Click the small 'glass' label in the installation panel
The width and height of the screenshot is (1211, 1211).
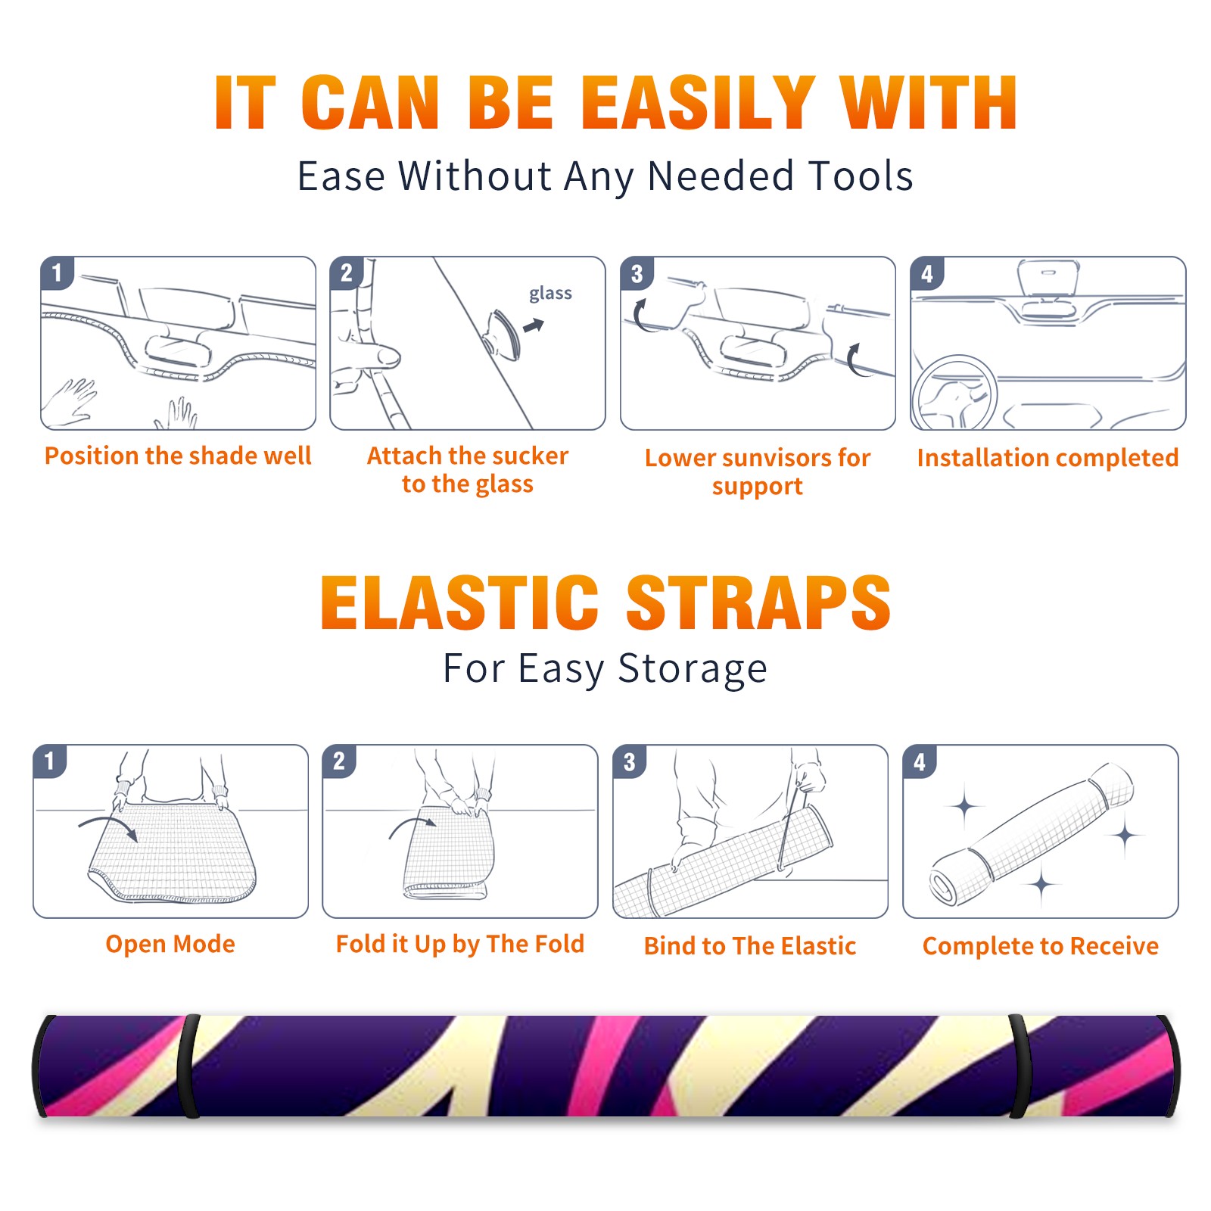click(x=550, y=293)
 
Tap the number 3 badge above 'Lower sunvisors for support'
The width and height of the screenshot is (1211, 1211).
click(x=637, y=274)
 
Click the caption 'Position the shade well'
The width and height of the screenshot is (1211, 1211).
click(x=178, y=456)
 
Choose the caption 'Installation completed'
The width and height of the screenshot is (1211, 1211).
click(x=1048, y=458)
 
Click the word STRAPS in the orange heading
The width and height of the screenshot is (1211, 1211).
click(x=758, y=602)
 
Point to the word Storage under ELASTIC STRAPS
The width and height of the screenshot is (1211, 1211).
click(x=693, y=669)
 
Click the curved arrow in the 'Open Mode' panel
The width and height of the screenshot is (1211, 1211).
click(x=107, y=827)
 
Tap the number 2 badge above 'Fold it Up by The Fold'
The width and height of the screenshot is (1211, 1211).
click(x=338, y=761)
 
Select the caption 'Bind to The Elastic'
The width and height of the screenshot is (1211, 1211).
click(x=749, y=946)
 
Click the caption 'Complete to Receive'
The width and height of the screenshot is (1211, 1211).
click(x=1041, y=946)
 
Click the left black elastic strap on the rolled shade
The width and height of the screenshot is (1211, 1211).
click(x=188, y=1066)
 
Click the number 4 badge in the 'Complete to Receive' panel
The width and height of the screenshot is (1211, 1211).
click(x=919, y=761)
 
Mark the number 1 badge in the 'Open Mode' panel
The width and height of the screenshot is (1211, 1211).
click(x=49, y=761)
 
